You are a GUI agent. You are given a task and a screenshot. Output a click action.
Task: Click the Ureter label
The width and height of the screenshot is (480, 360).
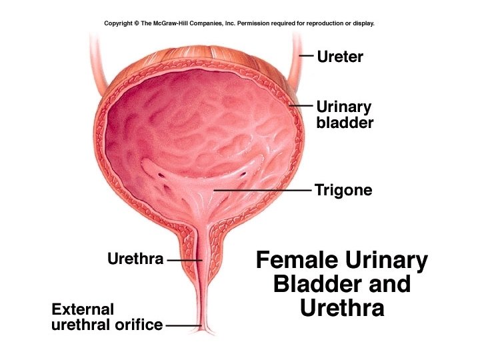point(340,57)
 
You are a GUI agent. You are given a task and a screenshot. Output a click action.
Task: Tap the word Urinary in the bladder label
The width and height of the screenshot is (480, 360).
point(343,107)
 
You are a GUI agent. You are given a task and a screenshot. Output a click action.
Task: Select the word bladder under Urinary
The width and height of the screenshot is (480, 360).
point(344,123)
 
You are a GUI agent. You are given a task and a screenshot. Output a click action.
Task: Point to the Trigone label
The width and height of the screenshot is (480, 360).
point(343,191)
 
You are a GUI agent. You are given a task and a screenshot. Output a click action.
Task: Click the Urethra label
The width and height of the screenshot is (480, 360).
point(135,259)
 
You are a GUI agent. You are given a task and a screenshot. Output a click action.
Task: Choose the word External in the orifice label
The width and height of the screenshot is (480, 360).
point(83,309)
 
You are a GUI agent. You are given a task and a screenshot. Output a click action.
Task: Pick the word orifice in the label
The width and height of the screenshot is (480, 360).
point(139,325)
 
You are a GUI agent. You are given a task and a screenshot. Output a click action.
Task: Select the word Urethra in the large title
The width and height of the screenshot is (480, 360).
point(342,308)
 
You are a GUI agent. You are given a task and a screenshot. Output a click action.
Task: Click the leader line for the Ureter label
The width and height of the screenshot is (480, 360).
point(306,56)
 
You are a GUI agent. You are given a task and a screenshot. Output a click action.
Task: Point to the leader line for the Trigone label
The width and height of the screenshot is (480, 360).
point(267,191)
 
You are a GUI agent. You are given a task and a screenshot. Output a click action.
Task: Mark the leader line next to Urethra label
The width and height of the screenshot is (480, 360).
point(182,259)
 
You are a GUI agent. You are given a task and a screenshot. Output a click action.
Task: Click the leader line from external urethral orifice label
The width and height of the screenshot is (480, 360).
point(183,325)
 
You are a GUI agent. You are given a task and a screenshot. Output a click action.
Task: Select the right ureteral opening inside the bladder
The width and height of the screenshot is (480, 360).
point(243,174)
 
